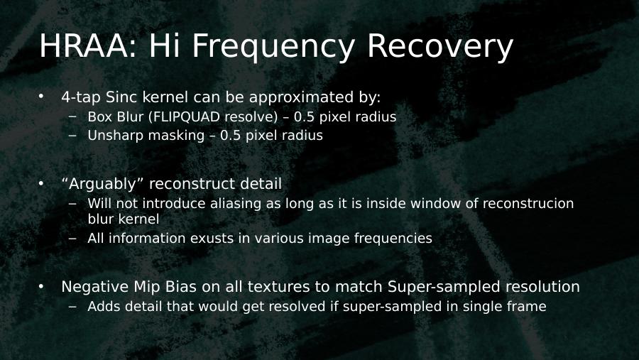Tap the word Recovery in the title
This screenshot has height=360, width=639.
click(439, 47)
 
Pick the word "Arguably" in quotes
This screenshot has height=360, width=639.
click(102, 185)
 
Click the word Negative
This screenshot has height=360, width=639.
click(95, 287)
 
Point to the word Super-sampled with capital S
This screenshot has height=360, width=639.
click(444, 287)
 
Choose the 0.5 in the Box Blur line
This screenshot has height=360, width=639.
click(304, 117)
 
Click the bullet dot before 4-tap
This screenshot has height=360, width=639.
click(40, 97)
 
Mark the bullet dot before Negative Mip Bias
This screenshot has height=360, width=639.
click(40, 286)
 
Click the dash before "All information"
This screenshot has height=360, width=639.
click(72, 238)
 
